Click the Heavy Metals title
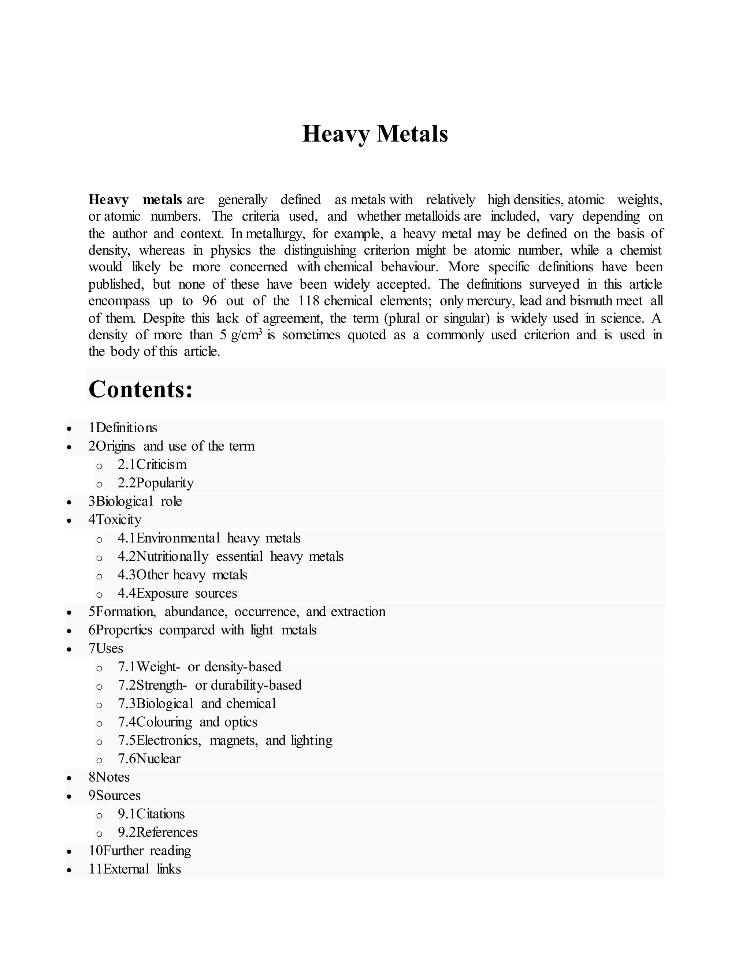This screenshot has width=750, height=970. [x=375, y=134]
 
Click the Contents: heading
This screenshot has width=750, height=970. [x=140, y=389]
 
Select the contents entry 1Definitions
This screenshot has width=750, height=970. [x=123, y=428]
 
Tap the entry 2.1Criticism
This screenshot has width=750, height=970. [x=152, y=465]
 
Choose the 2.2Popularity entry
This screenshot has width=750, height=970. [x=156, y=483]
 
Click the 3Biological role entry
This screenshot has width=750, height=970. [x=135, y=501]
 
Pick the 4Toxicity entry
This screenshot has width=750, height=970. [x=115, y=520]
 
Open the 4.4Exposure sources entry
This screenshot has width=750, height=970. [x=177, y=593]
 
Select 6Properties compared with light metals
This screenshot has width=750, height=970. [x=202, y=630]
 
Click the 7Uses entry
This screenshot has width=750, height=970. [x=106, y=649]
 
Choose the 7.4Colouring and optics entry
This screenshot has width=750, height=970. [x=187, y=722]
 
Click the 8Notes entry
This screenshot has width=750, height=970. [x=109, y=777]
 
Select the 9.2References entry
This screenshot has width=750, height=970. [x=157, y=832]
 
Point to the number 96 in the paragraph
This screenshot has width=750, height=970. [x=209, y=301]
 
